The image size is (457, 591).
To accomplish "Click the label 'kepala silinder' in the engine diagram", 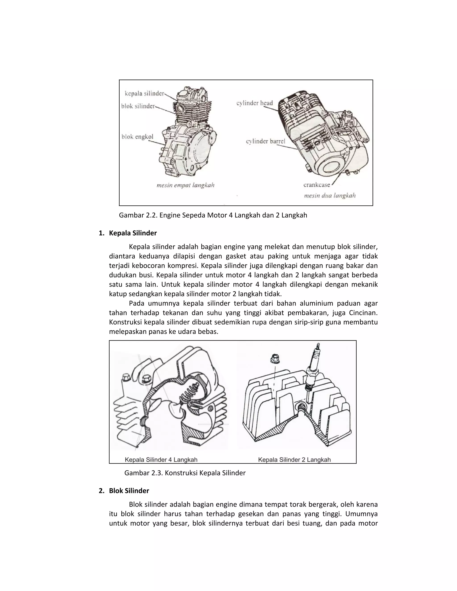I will pyautogui.click(x=144, y=94).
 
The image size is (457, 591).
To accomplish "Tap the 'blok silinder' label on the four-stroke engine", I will pyautogui.click(x=138, y=106).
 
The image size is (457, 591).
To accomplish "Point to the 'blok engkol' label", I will pyautogui.click(x=137, y=137).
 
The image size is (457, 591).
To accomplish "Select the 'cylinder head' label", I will pyautogui.click(x=254, y=103).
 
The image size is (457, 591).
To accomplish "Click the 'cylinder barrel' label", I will pyautogui.click(x=265, y=141).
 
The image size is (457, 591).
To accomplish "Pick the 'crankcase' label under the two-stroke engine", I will pyautogui.click(x=316, y=185).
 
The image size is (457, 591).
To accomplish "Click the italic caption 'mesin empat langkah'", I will pyautogui.click(x=185, y=185).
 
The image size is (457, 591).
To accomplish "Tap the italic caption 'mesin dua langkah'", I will pyautogui.click(x=330, y=195).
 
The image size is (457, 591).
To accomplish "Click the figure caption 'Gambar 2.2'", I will pyautogui.click(x=213, y=215).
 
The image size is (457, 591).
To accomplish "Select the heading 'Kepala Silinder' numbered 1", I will pyautogui.click(x=133, y=233).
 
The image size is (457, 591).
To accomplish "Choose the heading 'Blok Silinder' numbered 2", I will pyautogui.click(x=129, y=491).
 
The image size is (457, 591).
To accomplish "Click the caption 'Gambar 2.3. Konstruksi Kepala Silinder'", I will pyautogui.click(x=185, y=473).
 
